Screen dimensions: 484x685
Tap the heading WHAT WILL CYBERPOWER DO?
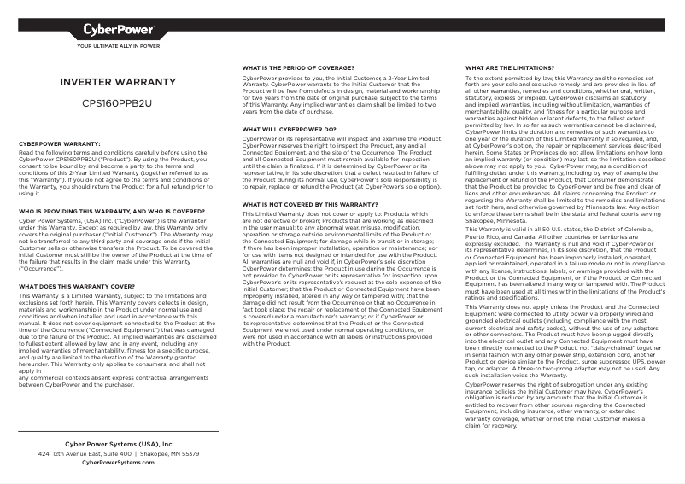289,129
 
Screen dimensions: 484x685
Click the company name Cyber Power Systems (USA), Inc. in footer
119,445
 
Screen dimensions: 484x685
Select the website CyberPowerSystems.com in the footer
119,462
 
